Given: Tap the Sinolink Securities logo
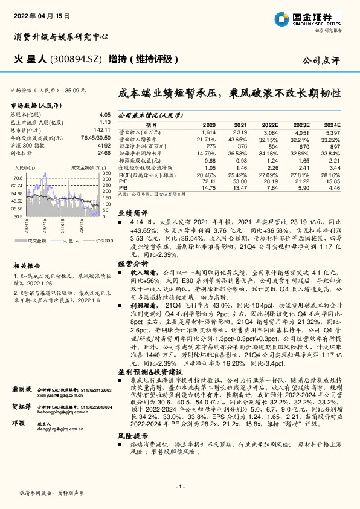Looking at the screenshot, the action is (x=315, y=18).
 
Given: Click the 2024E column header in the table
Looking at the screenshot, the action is (x=332, y=124).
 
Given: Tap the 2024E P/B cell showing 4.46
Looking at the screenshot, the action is (x=333, y=187).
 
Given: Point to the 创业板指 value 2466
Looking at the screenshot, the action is (x=103, y=154).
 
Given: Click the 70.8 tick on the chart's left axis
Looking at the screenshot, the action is (x=18, y=178).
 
